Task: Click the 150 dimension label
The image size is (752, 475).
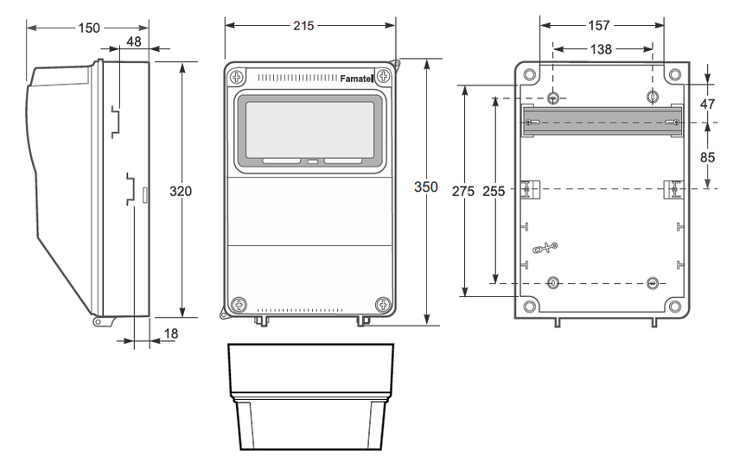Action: tap(89, 28)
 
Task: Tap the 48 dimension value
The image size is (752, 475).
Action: tap(134, 42)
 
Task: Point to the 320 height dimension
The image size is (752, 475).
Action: tap(181, 191)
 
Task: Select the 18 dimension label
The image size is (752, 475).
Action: tap(171, 333)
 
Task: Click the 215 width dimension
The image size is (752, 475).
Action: tap(303, 26)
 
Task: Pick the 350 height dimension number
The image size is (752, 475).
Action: tap(426, 187)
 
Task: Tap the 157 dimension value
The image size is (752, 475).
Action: tap(599, 25)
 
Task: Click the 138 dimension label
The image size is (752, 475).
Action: tap(601, 49)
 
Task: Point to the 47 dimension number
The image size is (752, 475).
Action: tap(707, 104)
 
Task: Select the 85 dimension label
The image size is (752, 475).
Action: tap(707, 157)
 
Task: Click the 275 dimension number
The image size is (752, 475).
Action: tap(463, 191)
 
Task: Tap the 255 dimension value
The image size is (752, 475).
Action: tap(494, 191)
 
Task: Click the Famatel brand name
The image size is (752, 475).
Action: tap(356, 79)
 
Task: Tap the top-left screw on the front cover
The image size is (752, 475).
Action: tap(237, 76)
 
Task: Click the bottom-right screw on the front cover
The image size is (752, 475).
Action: tap(383, 304)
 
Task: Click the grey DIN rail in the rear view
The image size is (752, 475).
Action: tap(602, 121)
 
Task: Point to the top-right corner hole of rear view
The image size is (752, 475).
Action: tap(675, 75)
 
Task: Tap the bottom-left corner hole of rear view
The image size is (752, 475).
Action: tap(530, 306)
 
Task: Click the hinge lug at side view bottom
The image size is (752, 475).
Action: tap(99, 321)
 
